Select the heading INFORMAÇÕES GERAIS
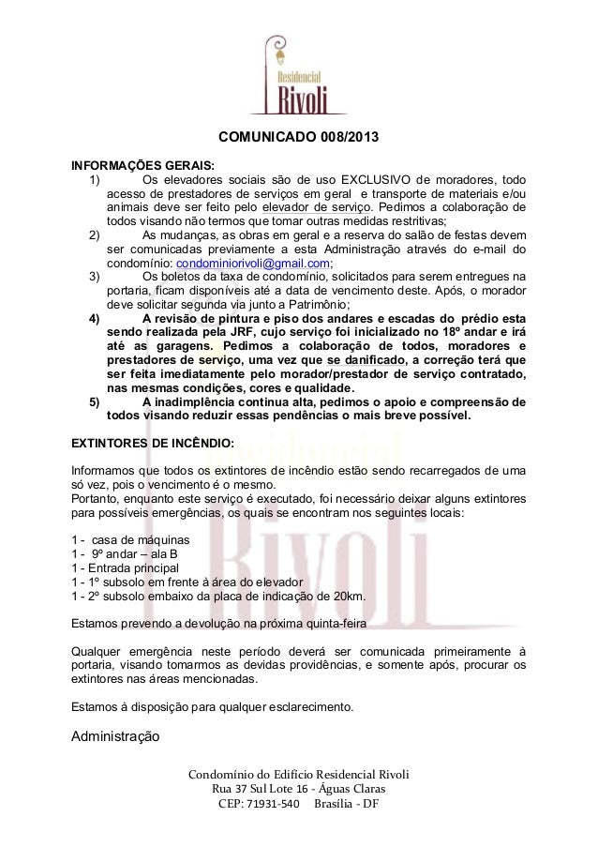(x=137, y=161)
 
